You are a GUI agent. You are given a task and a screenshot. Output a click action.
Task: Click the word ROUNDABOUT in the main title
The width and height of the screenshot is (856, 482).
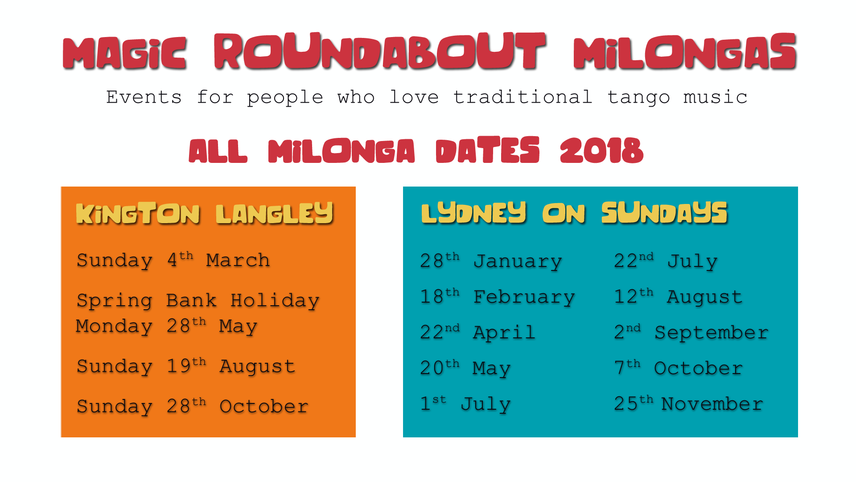tap(380, 51)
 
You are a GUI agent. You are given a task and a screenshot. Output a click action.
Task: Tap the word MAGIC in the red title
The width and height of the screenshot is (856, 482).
tap(125, 53)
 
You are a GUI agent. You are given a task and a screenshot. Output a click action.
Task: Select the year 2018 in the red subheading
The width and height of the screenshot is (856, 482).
tap(602, 150)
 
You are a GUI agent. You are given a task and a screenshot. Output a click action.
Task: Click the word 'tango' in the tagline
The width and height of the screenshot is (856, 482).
tap(638, 98)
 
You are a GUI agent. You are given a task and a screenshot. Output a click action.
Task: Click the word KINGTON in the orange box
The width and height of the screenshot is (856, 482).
tap(138, 213)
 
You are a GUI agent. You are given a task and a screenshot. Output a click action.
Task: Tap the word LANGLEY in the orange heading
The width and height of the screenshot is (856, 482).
tap(275, 213)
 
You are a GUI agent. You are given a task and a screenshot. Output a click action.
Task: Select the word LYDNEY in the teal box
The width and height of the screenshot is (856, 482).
tap(474, 212)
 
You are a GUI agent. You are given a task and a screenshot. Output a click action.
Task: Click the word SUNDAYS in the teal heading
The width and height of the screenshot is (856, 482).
tap(664, 212)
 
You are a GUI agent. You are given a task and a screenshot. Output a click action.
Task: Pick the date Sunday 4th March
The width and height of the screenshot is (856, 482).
tap(173, 260)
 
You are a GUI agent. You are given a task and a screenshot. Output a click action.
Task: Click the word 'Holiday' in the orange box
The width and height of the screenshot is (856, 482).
tap(275, 301)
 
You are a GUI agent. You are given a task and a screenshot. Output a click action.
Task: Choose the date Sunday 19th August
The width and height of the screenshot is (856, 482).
tap(186, 366)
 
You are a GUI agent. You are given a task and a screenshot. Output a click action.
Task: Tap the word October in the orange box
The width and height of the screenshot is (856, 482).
tap(264, 407)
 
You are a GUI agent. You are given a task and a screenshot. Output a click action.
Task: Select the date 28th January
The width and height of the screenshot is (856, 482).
tap(491, 261)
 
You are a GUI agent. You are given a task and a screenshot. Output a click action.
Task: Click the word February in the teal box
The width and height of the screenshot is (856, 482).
tap(524, 297)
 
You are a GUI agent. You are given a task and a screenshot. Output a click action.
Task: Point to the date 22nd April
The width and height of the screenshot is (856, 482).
tap(477, 332)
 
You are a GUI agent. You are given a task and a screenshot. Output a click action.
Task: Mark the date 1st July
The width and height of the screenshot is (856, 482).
tap(465, 404)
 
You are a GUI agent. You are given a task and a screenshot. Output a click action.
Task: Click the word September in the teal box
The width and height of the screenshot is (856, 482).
tap(712, 333)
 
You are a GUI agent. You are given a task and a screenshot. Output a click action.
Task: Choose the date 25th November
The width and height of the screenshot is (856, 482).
tap(688, 404)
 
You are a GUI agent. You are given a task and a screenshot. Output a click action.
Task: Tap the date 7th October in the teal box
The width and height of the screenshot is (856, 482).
tap(679, 368)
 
